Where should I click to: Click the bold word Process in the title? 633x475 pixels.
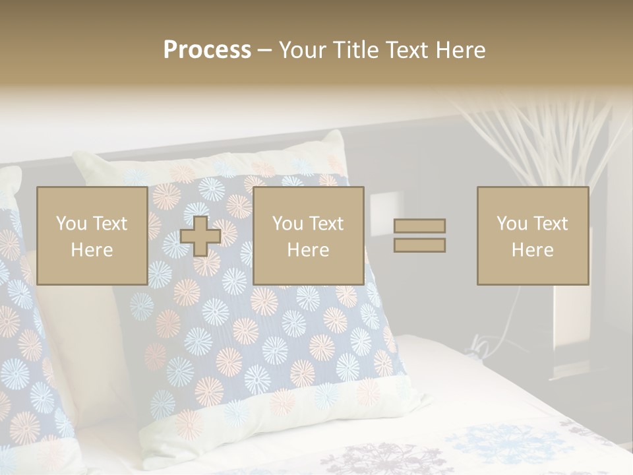[207, 50]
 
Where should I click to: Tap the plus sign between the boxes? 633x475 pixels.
[200, 236]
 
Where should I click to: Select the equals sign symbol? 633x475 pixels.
[419, 236]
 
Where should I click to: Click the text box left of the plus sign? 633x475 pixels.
[92, 236]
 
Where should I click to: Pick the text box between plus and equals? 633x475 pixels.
[308, 236]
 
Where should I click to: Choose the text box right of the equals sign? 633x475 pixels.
[532, 236]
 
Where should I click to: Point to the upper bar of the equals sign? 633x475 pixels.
[419, 226]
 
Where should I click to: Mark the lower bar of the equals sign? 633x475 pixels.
[419, 245]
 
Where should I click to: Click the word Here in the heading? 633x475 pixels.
[461, 50]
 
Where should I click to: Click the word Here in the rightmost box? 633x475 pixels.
[532, 250]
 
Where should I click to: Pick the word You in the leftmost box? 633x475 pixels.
[71, 224]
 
